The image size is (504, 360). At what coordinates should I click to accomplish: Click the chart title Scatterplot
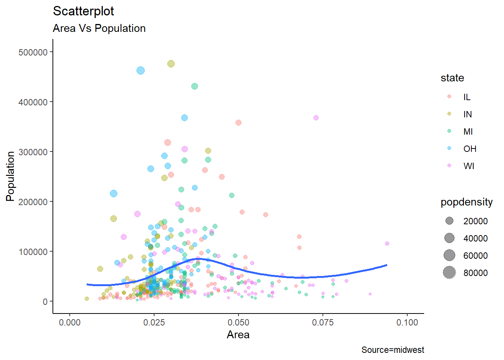coord(83,11)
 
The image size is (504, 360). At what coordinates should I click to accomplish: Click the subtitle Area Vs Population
coord(99,28)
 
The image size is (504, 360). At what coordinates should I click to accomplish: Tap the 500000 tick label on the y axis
coord(33,52)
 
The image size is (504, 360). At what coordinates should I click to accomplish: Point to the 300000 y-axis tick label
coord(33,152)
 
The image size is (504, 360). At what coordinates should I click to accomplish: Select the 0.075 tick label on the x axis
coord(322,322)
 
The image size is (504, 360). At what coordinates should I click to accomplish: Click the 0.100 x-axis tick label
coord(407,322)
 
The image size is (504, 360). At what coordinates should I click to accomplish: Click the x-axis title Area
coord(238,334)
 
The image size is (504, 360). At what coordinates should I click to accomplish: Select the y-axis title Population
coord(10,176)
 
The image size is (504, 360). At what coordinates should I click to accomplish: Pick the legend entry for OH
coord(469,149)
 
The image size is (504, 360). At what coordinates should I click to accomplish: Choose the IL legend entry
coord(466,97)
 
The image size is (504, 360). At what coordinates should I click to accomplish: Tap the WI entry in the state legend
coord(469,166)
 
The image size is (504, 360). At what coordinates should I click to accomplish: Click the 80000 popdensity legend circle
coord(449,273)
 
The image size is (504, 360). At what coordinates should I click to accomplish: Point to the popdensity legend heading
coord(466,202)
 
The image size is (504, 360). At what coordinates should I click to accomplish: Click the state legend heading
coord(452,78)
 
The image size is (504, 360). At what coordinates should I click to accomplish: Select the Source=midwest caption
coord(393,350)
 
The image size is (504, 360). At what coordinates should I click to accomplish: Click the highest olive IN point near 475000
coord(171,64)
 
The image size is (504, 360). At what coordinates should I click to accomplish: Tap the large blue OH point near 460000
coord(141,70)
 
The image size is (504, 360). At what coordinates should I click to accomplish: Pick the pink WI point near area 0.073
coord(316,118)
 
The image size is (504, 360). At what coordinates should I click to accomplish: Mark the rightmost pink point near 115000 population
coord(387,244)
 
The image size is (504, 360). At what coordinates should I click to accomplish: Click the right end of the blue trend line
coord(387,265)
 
